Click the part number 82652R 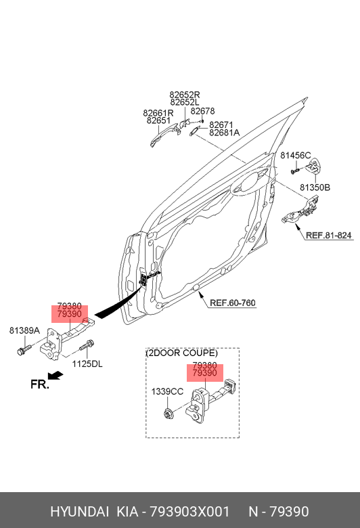[185, 95]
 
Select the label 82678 [202, 111]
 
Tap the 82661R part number [158, 113]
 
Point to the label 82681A [224, 133]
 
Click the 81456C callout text [296, 156]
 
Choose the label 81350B [315, 188]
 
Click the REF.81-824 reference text [328, 236]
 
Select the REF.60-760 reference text [233, 303]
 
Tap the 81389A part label [24, 330]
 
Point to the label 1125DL [87, 364]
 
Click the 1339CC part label [167, 392]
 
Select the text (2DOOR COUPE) [182, 353]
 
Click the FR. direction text [40, 384]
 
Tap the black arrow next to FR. [55, 375]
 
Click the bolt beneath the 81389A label [24, 349]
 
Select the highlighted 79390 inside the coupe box [204, 374]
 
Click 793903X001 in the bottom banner [189, 512]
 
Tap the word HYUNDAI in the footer [79, 512]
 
